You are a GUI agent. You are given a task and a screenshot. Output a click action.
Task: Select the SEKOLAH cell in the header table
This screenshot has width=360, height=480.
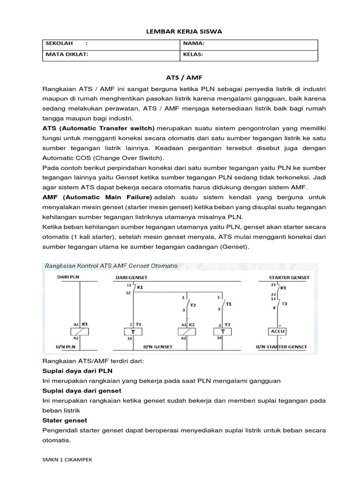tap(111, 44)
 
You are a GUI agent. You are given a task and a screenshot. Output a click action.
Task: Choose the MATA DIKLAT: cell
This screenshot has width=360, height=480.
tap(111, 54)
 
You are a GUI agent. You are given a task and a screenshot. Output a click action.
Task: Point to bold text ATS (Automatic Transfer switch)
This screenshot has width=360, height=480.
tap(98, 128)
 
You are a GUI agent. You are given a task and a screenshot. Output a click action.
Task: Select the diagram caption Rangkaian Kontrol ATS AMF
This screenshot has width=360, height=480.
tap(111, 266)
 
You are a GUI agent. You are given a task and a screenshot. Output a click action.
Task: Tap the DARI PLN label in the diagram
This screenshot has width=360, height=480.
tap(69, 277)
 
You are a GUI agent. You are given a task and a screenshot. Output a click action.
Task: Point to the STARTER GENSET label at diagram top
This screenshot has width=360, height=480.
tap(289, 277)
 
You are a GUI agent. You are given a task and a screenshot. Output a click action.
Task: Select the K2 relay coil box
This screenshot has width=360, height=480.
tap(188, 331)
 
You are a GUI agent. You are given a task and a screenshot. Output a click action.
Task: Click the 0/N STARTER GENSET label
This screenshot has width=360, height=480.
tap(282, 347)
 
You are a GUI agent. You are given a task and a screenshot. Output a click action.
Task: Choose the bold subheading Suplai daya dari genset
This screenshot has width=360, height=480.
tap(82, 390)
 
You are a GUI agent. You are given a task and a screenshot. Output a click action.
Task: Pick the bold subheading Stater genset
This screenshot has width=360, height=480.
tap(65, 420)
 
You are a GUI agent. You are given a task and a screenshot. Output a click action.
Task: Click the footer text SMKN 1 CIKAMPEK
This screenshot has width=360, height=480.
tap(67, 460)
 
